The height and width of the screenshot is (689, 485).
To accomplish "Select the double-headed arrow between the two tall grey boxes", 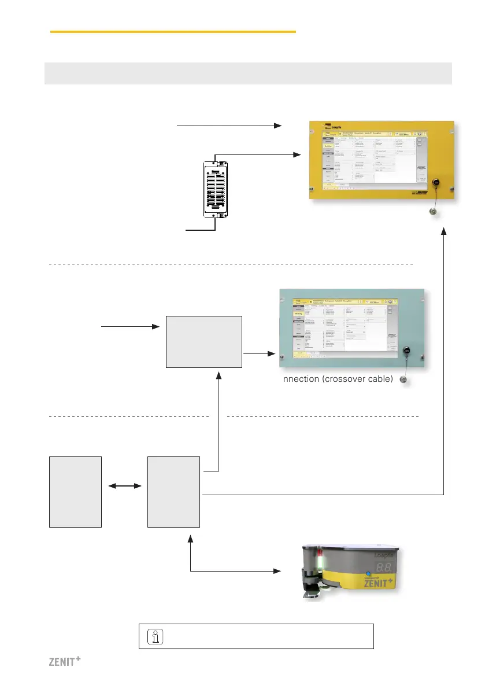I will click(124, 486).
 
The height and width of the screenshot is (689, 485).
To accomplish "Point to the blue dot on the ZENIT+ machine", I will click(368, 574).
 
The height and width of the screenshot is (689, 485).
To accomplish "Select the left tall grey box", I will click(75, 492).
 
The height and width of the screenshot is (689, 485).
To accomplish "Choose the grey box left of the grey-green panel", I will click(204, 342).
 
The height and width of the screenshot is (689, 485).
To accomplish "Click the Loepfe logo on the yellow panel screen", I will click(334, 125).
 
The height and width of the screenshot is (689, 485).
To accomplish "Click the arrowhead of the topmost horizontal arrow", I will click(279, 125).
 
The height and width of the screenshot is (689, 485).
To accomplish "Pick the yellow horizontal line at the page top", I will click(173, 32).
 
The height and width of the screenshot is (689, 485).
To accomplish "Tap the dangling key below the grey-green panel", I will click(405, 379).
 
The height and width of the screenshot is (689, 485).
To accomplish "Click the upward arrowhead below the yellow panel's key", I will click(444, 231).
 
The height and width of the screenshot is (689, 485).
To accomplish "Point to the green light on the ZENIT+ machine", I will click(317, 561).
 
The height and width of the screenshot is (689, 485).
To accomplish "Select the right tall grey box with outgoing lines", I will click(173, 492).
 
